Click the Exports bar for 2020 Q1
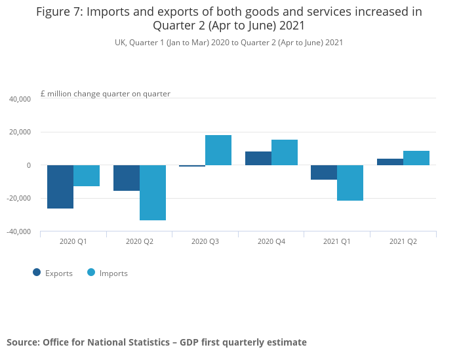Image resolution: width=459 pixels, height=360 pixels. click(60, 187)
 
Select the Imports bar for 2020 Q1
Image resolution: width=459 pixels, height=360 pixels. click(87, 176)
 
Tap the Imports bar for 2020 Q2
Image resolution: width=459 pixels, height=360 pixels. click(153, 193)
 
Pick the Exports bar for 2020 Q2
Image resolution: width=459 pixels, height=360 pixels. click(127, 178)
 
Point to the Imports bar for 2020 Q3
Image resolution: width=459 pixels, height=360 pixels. click(218, 150)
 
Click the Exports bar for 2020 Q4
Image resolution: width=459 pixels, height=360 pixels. click(258, 159)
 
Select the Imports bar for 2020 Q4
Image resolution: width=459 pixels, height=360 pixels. click(285, 153)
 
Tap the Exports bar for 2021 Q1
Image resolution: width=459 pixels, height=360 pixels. click(324, 172)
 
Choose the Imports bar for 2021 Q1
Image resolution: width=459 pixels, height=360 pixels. click(350, 183)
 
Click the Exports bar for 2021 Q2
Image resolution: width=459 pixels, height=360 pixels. click(390, 162)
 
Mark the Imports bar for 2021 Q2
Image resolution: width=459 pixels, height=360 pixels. click(416, 158)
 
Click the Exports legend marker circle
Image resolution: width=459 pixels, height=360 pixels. click(37, 273)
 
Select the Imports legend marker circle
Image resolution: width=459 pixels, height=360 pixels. click(91, 273)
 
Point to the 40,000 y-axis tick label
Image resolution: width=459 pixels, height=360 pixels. click(20, 99)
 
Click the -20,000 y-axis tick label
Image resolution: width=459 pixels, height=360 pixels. click(18, 199)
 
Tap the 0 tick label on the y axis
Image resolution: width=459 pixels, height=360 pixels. click(29, 165)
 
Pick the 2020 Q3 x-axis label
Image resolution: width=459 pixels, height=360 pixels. click(205, 241)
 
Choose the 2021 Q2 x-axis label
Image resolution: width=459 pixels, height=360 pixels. click(403, 241)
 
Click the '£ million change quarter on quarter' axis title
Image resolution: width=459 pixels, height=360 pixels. click(106, 94)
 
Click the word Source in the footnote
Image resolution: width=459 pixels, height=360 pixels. click(22, 342)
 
